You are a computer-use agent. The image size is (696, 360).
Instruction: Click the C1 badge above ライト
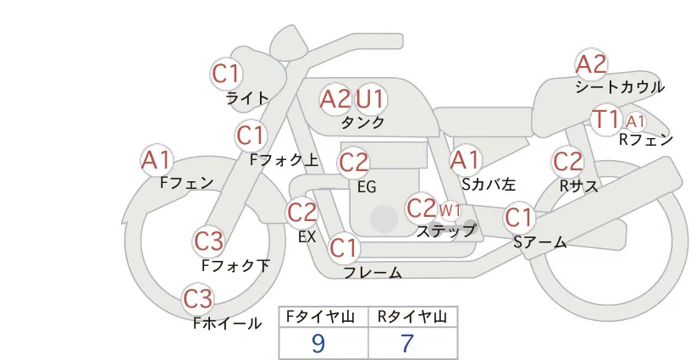pos(226,74)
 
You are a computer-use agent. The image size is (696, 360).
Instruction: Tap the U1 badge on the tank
pos(370,99)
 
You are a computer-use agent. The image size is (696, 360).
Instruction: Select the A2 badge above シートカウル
pos(591,64)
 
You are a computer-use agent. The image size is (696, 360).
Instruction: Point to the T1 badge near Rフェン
pos(606,119)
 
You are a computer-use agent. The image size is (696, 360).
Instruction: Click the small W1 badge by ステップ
pos(450,210)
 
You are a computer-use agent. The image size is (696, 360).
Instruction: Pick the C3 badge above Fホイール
pos(198,299)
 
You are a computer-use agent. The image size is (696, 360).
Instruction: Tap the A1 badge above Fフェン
pos(156,160)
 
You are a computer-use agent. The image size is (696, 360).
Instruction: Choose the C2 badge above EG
pos(353,163)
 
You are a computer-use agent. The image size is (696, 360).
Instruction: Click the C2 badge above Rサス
pos(567,161)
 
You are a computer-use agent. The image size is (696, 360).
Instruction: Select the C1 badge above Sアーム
pos(519,218)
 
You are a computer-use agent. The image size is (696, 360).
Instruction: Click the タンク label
pos(362,123)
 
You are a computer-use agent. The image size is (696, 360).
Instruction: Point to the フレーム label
pos(373,273)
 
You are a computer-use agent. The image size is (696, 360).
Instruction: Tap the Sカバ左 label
pos(489,184)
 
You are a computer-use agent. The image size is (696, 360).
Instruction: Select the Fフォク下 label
pos(235,265)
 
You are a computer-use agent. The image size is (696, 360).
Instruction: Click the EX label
pos(307,237)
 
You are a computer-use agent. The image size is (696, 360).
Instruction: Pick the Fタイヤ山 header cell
pos(323,317)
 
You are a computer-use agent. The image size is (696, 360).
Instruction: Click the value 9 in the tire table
pos(318,343)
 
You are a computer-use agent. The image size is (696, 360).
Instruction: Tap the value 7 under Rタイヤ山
pos(407,343)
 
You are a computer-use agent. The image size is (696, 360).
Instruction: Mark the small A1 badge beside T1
pos(635,121)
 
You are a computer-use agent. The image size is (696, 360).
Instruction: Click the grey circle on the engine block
pos(384,219)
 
